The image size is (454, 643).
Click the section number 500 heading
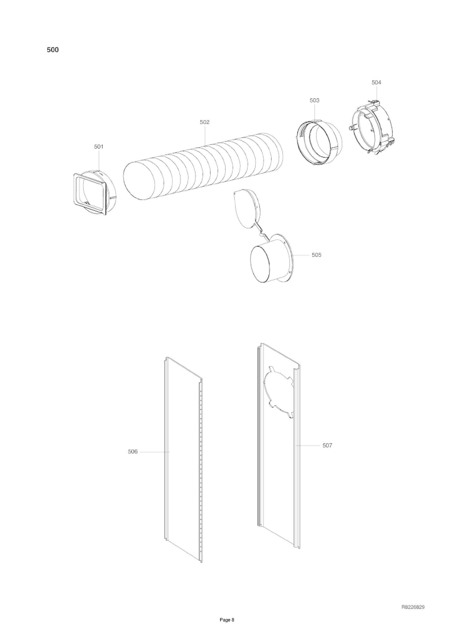tap(53, 50)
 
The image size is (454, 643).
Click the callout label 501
tap(99, 147)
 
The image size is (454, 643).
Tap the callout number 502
tap(204, 122)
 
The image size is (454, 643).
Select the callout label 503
tap(314, 101)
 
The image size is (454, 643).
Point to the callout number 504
tap(376, 83)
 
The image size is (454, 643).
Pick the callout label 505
tap(316, 255)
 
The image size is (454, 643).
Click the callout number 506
tap(133, 452)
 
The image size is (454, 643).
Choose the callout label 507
tap(327, 445)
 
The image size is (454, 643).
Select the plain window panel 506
tap(184, 458)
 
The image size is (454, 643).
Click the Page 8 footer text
tap(227, 629)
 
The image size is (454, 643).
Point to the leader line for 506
tap(155, 452)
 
